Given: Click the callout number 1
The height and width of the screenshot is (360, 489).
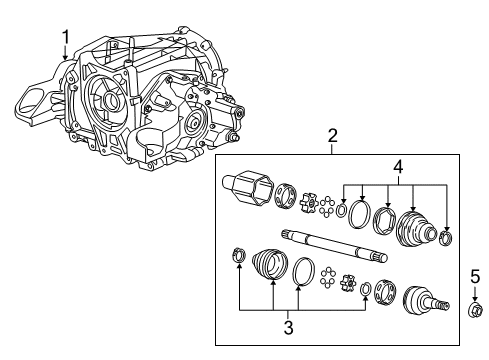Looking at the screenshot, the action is coord(66,37).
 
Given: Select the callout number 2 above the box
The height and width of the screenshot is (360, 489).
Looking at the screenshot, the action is coord(332,136).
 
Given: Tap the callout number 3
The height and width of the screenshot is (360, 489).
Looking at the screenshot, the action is coord(289,327).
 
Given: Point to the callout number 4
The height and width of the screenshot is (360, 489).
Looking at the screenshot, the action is coord(398,167).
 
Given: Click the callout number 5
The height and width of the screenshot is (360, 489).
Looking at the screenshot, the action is coord(475,277).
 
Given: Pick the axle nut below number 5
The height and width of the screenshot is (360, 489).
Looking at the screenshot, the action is coord(475,309).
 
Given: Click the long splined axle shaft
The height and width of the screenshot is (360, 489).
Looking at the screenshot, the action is coord(335,246).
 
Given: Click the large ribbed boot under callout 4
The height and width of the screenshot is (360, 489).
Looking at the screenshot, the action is coord(415,229).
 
